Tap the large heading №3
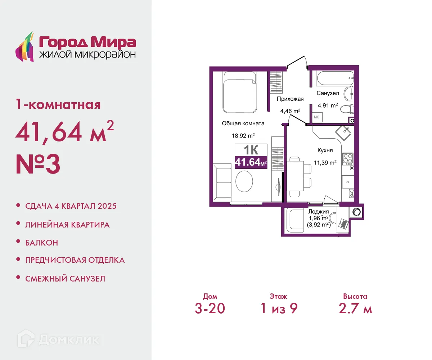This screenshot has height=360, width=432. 38,164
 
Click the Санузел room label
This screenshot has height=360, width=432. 328,93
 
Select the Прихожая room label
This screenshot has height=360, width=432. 290,99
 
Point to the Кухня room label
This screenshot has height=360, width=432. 325,150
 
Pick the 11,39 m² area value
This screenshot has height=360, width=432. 325,162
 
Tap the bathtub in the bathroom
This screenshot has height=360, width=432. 334,78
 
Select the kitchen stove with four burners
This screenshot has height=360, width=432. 347,158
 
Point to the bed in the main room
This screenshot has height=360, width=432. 239,92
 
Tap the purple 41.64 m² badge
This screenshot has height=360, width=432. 251,163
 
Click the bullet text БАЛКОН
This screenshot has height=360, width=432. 42,243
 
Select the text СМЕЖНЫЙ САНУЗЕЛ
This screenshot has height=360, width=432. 65,278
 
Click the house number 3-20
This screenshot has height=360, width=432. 210,309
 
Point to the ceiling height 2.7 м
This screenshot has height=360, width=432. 355,309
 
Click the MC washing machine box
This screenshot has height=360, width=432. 317,117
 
